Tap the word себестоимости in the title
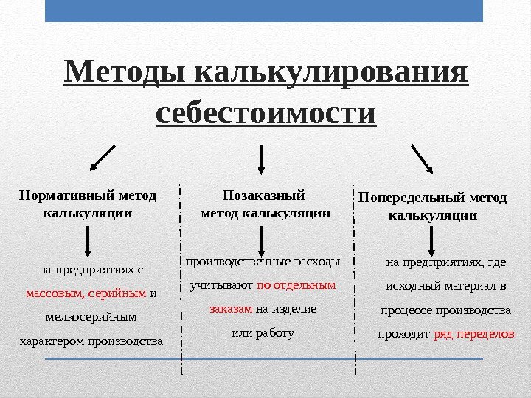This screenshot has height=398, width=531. (266, 114)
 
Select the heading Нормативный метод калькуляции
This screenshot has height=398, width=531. (88, 204)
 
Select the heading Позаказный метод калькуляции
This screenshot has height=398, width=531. (265, 204)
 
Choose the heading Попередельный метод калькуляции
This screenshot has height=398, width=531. (432, 207)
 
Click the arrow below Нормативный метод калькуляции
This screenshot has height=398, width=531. (88, 240)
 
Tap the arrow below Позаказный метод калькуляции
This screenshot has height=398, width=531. (262, 239)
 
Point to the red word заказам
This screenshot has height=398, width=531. (231, 308)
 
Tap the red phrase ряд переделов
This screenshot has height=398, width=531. (473, 334)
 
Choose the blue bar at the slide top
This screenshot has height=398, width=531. (264, 11)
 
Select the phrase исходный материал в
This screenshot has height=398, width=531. (446, 285)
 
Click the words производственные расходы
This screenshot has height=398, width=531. (263, 261)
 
